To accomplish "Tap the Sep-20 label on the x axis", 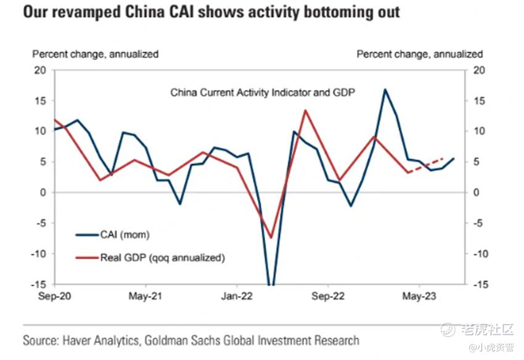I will pos(54,295).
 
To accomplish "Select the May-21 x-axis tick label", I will pos(145,295).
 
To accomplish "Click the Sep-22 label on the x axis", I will pos(328,295).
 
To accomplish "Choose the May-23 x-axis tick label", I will pos(419,295).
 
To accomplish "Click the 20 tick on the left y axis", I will pos(40,70).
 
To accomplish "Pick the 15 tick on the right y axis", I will pos(477,100).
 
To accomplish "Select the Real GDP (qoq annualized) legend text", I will pos(162,258).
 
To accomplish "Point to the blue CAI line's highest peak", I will pos(385,89).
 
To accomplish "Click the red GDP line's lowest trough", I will pos(271,237).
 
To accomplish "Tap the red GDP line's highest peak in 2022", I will pos(305,111).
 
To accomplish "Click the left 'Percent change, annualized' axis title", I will pos(95,54).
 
